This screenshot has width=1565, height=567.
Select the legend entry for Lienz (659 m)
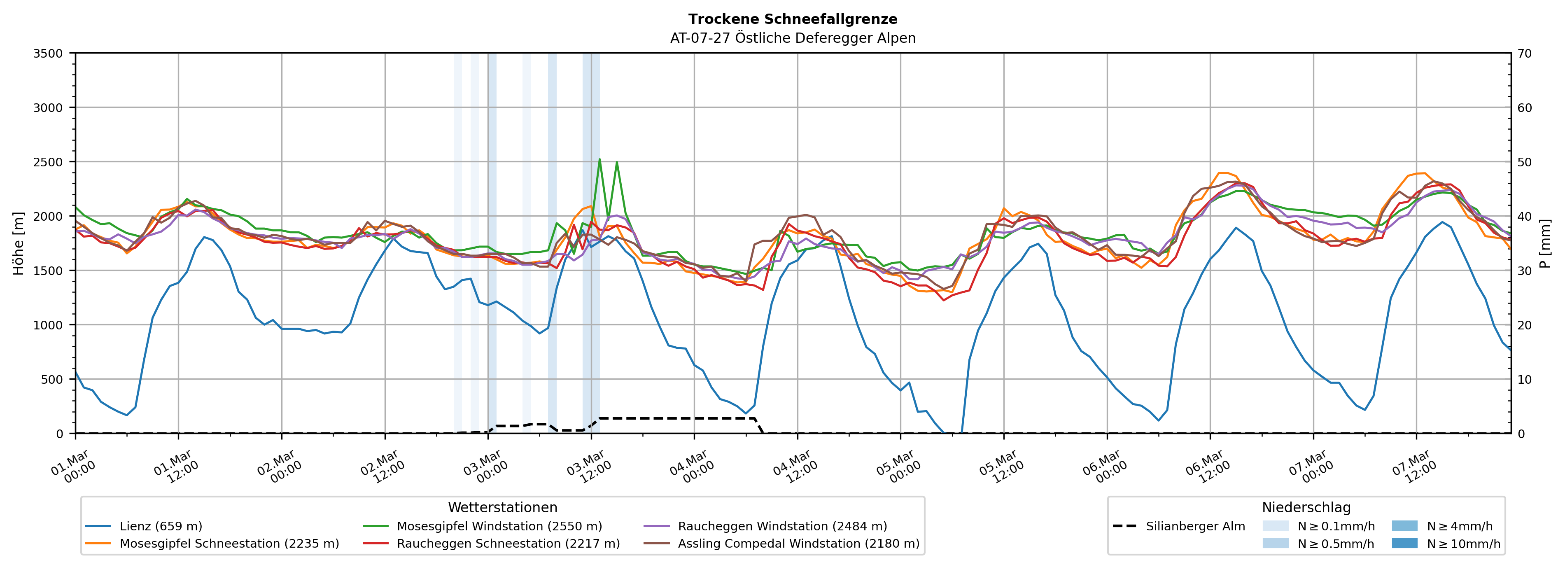[x=161, y=526]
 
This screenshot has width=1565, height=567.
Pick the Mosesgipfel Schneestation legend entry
[x=229, y=543]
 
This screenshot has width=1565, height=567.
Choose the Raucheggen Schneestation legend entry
[x=508, y=543]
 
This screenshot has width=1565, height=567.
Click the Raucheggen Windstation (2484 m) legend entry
[x=782, y=526]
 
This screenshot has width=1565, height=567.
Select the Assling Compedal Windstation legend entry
[x=798, y=543]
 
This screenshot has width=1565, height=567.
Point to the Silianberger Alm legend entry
[x=1195, y=526]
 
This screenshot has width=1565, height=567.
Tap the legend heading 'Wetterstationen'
[x=502, y=507]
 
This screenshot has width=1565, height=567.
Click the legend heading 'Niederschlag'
[x=1306, y=507]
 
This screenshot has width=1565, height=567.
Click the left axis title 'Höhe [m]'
[x=19, y=243]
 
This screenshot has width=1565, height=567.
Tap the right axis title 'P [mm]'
[x=1546, y=243]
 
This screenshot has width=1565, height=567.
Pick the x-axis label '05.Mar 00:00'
[x=897, y=468]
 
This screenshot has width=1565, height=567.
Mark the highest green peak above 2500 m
[x=599, y=159]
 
